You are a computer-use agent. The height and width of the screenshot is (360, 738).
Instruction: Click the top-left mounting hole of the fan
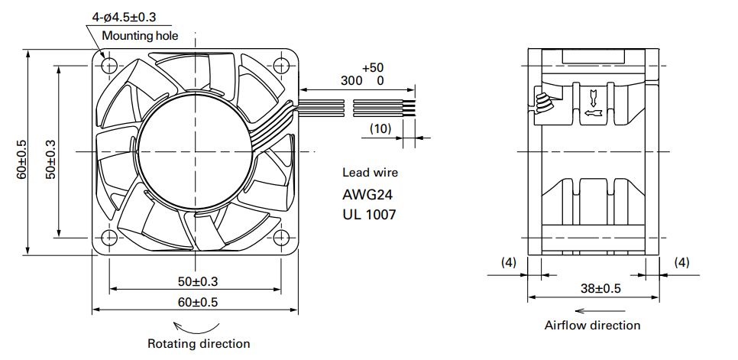[x=108, y=63]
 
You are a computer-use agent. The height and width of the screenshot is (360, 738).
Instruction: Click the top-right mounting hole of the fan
[x=282, y=63]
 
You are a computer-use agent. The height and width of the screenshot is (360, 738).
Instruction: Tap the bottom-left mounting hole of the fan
[x=108, y=238]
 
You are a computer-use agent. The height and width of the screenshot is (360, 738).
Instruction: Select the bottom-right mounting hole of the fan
[x=282, y=238]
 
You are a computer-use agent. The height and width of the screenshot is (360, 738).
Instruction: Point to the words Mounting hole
[x=140, y=36]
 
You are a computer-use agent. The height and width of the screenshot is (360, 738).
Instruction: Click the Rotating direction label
[x=199, y=343]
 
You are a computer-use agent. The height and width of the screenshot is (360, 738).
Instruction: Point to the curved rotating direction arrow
[x=197, y=325]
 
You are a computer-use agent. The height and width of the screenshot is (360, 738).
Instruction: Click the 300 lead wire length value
[x=351, y=80]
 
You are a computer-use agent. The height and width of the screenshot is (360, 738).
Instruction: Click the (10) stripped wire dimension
[x=380, y=129]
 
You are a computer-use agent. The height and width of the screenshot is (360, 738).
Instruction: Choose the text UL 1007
[x=370, y=215]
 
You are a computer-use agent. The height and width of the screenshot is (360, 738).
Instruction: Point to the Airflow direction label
[x=592, y=326]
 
